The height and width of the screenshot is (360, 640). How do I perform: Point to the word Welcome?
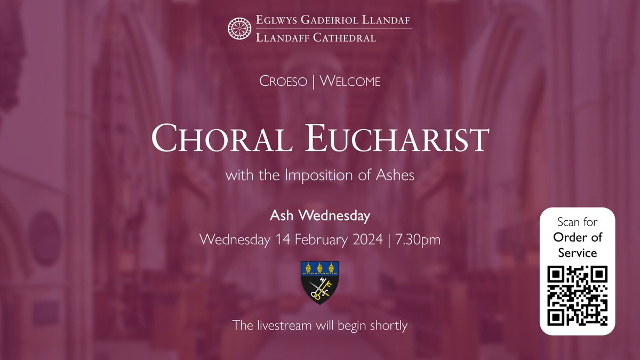tap(350, 82)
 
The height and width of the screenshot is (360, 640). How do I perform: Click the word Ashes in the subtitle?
tap(396, 175)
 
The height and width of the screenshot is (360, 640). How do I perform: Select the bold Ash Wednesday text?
tap(320, 216)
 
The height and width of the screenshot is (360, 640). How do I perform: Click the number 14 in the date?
tap(283, 239)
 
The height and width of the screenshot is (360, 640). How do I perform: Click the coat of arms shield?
tap(320, 282)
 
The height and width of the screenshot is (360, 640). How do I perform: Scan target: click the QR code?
tap(578, 296)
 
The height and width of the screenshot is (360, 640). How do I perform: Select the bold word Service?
tap(578, 253)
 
